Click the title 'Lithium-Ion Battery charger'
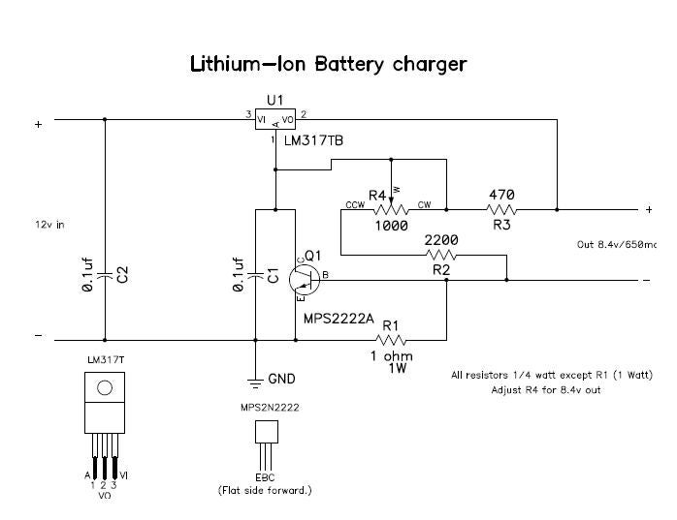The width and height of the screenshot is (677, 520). click(328, 64)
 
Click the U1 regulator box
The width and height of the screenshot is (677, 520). click(274, 119)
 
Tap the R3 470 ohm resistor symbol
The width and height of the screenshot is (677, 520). click(501, 208)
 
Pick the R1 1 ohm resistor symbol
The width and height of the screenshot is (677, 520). click(390, 339)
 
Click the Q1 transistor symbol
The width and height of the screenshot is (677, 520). click(307, 278)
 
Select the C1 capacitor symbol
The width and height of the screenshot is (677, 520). click(256, 275)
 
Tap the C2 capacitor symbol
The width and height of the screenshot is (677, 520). click(104, 276)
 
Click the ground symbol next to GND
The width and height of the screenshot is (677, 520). click(255, 379)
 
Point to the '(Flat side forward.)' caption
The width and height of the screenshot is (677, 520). click(265, 490)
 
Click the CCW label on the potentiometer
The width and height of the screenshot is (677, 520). click(353, 205)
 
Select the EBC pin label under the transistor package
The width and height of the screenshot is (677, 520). click(265, 478)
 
